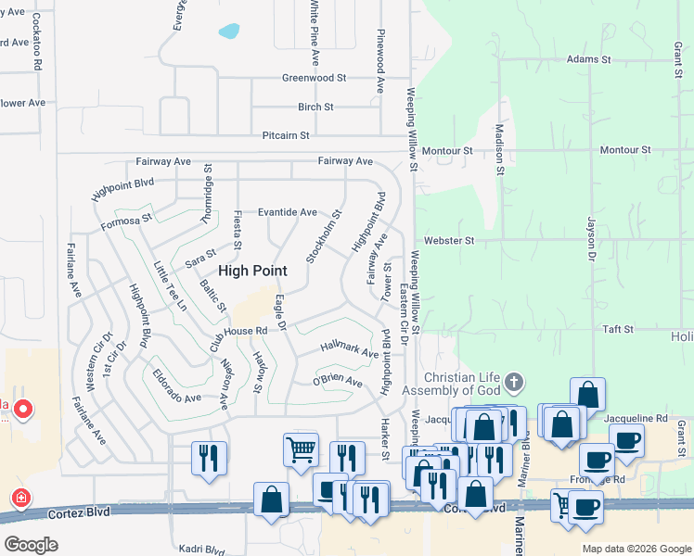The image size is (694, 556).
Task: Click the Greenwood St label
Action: pyautogui.click(x=314, y=78)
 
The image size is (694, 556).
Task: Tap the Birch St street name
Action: pyautogui.click(x=315, y=107)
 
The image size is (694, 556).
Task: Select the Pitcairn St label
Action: pyautogui.click(x=285, y=135)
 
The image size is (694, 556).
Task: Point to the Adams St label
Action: pyautogui.click(x=588, y=58)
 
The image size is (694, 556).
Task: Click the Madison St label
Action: pyautogui.click(x=499, y=150)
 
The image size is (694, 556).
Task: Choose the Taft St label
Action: pyautogui.click(x=617, y=329)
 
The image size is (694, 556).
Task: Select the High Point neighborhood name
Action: pyautogui.click(x=252, y=271)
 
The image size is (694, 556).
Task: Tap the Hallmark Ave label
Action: pyautogui.click(x=350, y=349)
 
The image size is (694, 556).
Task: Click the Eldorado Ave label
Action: pyautogui.click(x=177, y=387)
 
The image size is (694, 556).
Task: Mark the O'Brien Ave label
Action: pyautogui.click(x=336, y=380)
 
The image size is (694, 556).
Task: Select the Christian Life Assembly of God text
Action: pyautogui.click(x=461, y=384)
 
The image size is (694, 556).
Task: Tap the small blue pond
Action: pyautogui.click(x=228, y=32)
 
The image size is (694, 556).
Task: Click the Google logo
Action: pyautogui.click(x=31, y=544)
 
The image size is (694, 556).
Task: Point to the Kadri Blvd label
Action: pyautogui.click(x=203, y=550)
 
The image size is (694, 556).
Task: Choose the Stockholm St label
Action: pyautogui.click(x=323, y=235)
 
